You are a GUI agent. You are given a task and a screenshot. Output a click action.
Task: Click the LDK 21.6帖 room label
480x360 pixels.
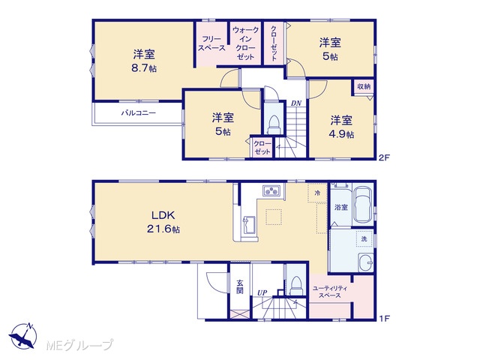(163, 222)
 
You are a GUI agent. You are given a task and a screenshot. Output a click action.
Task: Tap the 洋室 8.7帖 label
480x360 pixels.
(144, 61)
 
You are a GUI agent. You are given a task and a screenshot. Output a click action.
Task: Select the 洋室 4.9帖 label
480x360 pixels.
(341, 127)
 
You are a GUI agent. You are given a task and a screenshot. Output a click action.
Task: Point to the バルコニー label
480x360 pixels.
(139, 113)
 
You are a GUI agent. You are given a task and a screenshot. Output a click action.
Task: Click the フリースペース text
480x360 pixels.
(211, 43)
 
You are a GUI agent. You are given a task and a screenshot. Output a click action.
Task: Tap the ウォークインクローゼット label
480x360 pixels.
(245, 43)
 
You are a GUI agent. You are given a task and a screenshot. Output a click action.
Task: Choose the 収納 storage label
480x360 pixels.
(364, 87)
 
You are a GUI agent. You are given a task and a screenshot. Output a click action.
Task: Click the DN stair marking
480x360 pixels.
(296, 103)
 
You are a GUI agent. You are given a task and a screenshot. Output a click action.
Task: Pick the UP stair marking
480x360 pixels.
(262, 293)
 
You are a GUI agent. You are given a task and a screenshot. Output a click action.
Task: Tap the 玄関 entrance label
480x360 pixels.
(240, 286)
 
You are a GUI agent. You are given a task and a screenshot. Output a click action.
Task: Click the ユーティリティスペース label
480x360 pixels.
(330, 292)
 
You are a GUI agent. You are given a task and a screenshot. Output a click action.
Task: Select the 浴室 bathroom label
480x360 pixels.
(340, 207)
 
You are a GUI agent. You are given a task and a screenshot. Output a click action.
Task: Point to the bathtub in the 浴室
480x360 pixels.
(363, 205)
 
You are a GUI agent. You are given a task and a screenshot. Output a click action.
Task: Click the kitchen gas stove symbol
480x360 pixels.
(271, 190)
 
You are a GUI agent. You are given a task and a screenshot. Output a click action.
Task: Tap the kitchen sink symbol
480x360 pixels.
(249, 223)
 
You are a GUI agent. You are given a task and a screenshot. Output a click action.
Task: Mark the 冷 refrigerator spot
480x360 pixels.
(317, 193)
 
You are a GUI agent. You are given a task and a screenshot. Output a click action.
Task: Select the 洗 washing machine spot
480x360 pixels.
(364, 238)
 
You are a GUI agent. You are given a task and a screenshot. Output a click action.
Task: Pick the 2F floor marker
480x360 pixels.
(384, 158)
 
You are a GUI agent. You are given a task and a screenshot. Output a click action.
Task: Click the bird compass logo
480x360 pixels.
(23, 336)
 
